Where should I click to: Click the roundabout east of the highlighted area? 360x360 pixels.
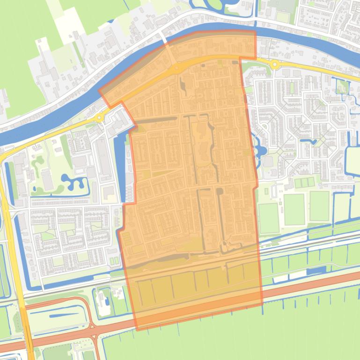pos(274,65)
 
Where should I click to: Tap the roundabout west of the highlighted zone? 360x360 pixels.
pos(99,117)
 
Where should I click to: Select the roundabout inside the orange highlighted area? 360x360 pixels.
pos(176,69)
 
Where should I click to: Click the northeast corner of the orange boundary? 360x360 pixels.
pos(256,32)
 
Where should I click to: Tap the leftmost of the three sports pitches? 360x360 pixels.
pos(268,217)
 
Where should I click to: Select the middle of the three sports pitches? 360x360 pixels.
pos(294,209)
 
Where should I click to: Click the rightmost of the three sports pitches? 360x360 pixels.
pos(319,206)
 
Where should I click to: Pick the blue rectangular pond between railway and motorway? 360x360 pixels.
pos(316,271)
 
